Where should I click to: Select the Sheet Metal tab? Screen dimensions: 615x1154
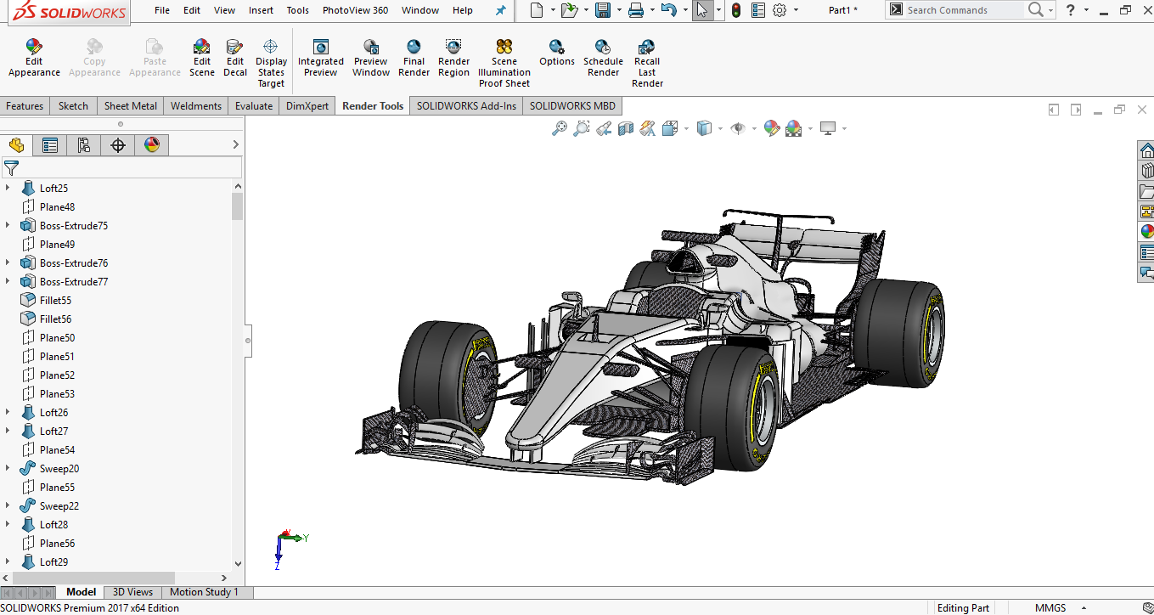point(130,106)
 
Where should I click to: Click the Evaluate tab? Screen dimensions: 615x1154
point(254,106)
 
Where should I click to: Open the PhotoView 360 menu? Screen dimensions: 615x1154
point(355,10)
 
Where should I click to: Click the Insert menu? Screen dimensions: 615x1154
point(261,10)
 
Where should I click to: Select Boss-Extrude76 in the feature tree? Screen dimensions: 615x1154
point(74,263)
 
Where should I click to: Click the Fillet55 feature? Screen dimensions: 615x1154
point(55,301)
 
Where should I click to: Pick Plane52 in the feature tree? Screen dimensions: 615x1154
point(57,375)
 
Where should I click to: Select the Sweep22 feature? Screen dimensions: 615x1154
point(59,506)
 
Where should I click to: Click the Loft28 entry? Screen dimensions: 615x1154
point(53,525)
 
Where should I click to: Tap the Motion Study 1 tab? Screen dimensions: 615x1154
point(204,592)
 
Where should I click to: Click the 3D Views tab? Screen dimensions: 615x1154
point(132,592)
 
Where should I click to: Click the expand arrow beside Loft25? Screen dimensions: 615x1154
point(8,189)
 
